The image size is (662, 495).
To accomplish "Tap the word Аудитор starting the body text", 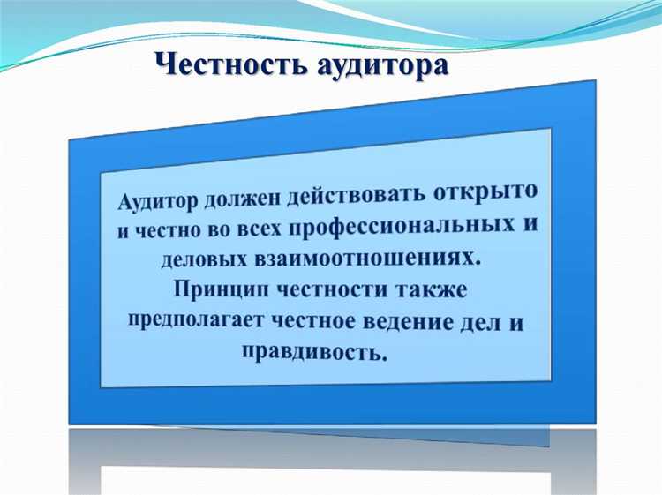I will tap(156, 203).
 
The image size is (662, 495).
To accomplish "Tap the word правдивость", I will tap(313, 354).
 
